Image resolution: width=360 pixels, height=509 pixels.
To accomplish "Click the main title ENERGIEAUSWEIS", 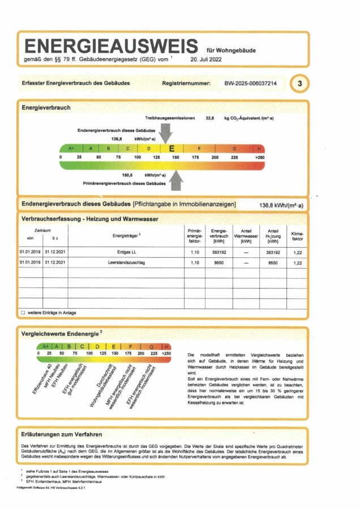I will point(111,46).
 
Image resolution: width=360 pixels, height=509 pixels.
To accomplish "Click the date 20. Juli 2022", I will point(208,58).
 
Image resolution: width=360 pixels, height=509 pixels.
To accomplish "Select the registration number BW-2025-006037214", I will point(251,84).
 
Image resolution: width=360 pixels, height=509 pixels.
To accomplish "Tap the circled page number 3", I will point(299,84).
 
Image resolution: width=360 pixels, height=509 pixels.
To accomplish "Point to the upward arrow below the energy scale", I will point(177,181).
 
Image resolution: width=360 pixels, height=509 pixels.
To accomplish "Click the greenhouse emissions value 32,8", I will point(210,118).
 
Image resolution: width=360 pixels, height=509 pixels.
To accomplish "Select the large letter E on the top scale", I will point(172,148).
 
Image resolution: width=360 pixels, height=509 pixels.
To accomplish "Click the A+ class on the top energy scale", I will point(71,148).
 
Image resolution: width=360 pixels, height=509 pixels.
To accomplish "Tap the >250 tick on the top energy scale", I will point(259,157).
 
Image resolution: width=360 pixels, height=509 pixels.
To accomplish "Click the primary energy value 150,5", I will point(129,175).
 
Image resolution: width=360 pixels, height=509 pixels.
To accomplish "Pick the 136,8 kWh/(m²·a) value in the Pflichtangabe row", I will point(281,205).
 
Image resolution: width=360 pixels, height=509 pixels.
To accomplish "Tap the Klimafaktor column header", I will point(297,235).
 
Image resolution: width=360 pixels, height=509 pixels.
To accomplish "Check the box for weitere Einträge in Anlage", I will point(23,313).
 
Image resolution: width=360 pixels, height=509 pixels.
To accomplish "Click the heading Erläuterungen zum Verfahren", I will point(62,434).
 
